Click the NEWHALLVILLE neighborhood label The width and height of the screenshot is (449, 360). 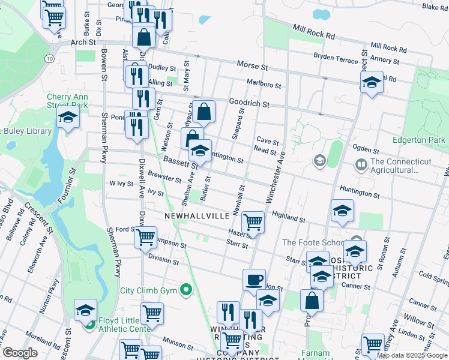(x=197, y=215)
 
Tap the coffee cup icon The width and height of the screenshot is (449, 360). (x=254, y=280)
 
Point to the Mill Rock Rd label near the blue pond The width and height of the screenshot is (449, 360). (x=313, y=32)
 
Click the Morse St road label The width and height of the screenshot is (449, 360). (x=252, y=64)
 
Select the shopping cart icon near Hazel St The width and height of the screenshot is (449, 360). (x=253, y=222)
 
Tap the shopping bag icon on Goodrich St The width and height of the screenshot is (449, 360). (x=204, y=111)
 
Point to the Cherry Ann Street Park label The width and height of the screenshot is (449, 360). (x=67, y=101)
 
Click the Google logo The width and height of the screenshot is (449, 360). (x=20, y=353)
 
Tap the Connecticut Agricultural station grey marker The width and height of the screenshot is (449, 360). (x=361, y=163)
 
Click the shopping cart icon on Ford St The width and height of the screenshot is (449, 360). (x=146, y=238)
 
